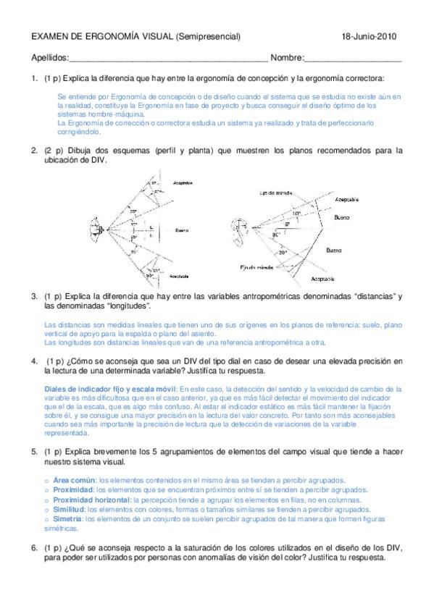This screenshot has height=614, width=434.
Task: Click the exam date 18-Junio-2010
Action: tap(368, 36)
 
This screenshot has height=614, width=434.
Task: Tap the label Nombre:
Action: tap(287, 58)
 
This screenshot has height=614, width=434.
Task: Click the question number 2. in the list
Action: tap(34, 151)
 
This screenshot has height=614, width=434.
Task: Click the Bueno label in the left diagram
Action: tap(181, 230)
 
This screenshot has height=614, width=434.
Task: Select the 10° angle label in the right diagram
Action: tap(296, 214)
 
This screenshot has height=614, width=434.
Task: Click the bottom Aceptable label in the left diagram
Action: tap(178, 276)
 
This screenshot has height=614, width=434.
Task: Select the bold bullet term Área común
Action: tap(75, 480)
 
